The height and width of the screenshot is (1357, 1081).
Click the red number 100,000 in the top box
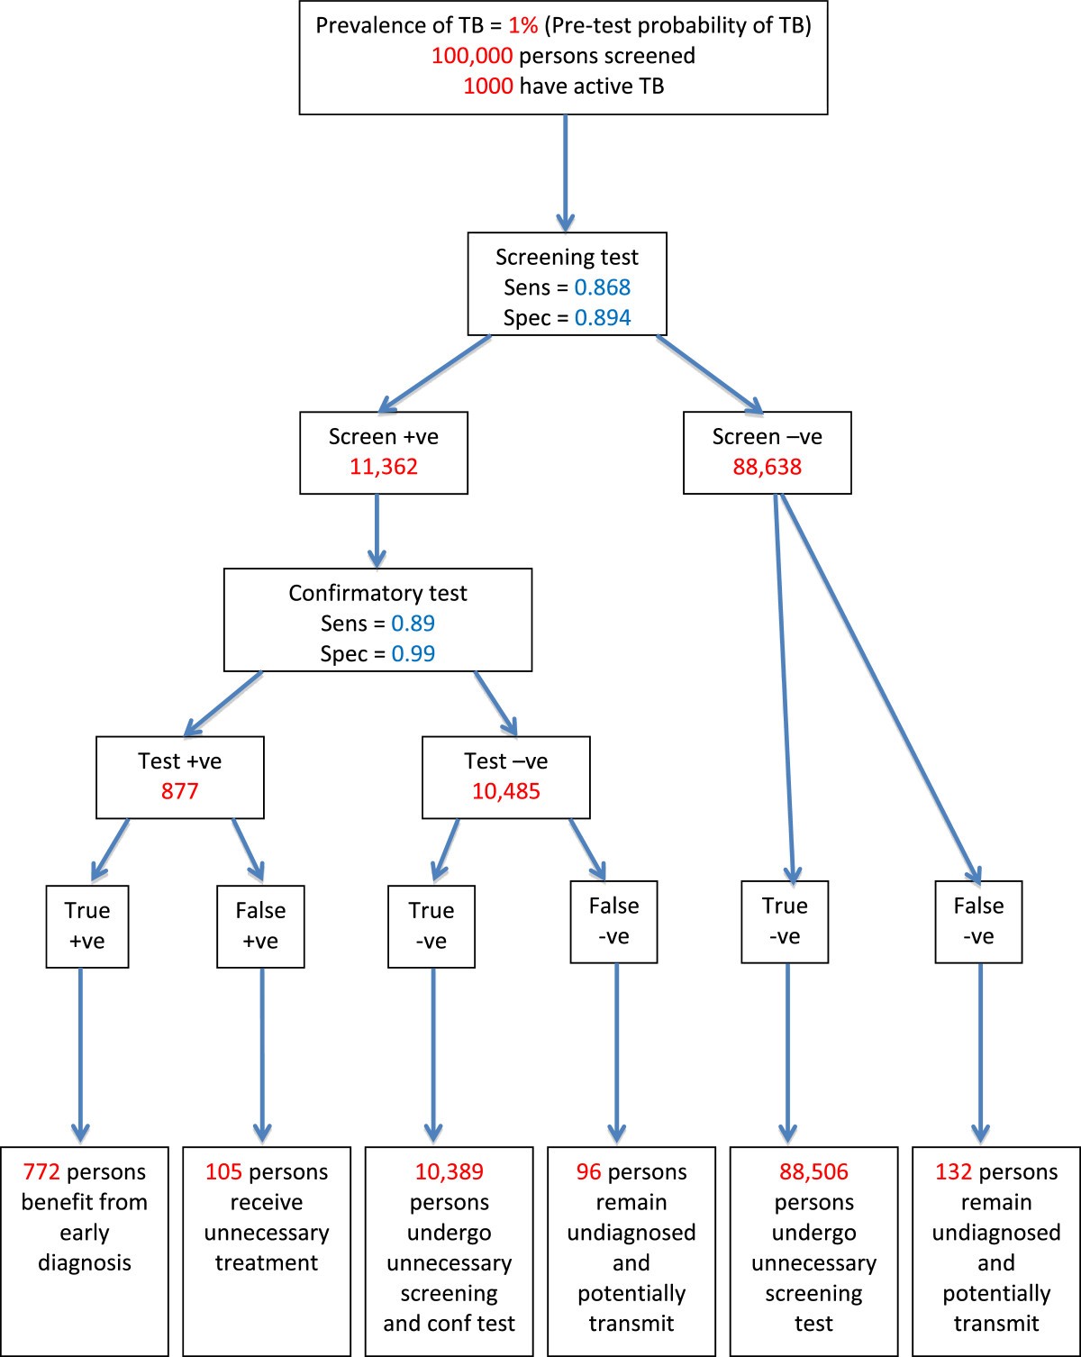coord(471,56)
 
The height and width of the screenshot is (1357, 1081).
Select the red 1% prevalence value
coord(522,25)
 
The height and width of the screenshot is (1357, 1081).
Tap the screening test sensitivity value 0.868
coord(603,287)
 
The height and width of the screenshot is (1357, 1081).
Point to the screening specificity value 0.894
coord(603,318)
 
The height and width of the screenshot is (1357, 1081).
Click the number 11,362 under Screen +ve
coord(384,467)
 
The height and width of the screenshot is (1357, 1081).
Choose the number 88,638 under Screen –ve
coord(768,467)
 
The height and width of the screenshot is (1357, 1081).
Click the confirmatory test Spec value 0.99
coord(413,654)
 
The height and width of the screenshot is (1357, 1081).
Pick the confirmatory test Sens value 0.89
coord(413,624)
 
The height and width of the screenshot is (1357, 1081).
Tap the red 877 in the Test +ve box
coord(180,791)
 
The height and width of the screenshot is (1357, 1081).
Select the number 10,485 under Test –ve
coord(506,791)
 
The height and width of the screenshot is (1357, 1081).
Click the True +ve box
coord(87,926)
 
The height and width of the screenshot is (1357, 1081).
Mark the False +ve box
coord(260,926)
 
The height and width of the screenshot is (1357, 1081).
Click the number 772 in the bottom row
coord(41,1172)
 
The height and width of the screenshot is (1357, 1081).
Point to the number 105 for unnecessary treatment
coord(224,1172)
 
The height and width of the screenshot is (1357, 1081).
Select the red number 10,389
coord(449,1172)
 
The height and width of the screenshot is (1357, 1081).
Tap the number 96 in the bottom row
coord(589,1172)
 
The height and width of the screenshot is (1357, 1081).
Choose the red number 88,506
coord(813,1172)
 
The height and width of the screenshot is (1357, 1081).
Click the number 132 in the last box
coord(954,1172)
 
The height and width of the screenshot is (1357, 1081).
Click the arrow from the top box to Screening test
coord(565,171)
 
